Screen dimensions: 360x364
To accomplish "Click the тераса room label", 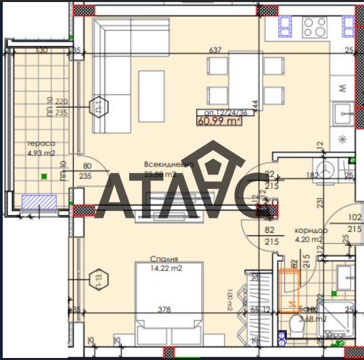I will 41,143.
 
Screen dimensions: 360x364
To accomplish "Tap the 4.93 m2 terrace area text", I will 41,153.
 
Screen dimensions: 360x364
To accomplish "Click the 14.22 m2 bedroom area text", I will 166,268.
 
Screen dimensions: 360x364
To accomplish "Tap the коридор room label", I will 311,230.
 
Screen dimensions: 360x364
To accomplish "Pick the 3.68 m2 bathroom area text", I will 313,319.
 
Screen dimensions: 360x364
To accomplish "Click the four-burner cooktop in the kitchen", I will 315,26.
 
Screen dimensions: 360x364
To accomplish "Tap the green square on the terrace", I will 45,177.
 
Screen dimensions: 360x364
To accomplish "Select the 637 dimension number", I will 216,50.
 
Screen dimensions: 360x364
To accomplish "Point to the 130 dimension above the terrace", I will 41,51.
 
